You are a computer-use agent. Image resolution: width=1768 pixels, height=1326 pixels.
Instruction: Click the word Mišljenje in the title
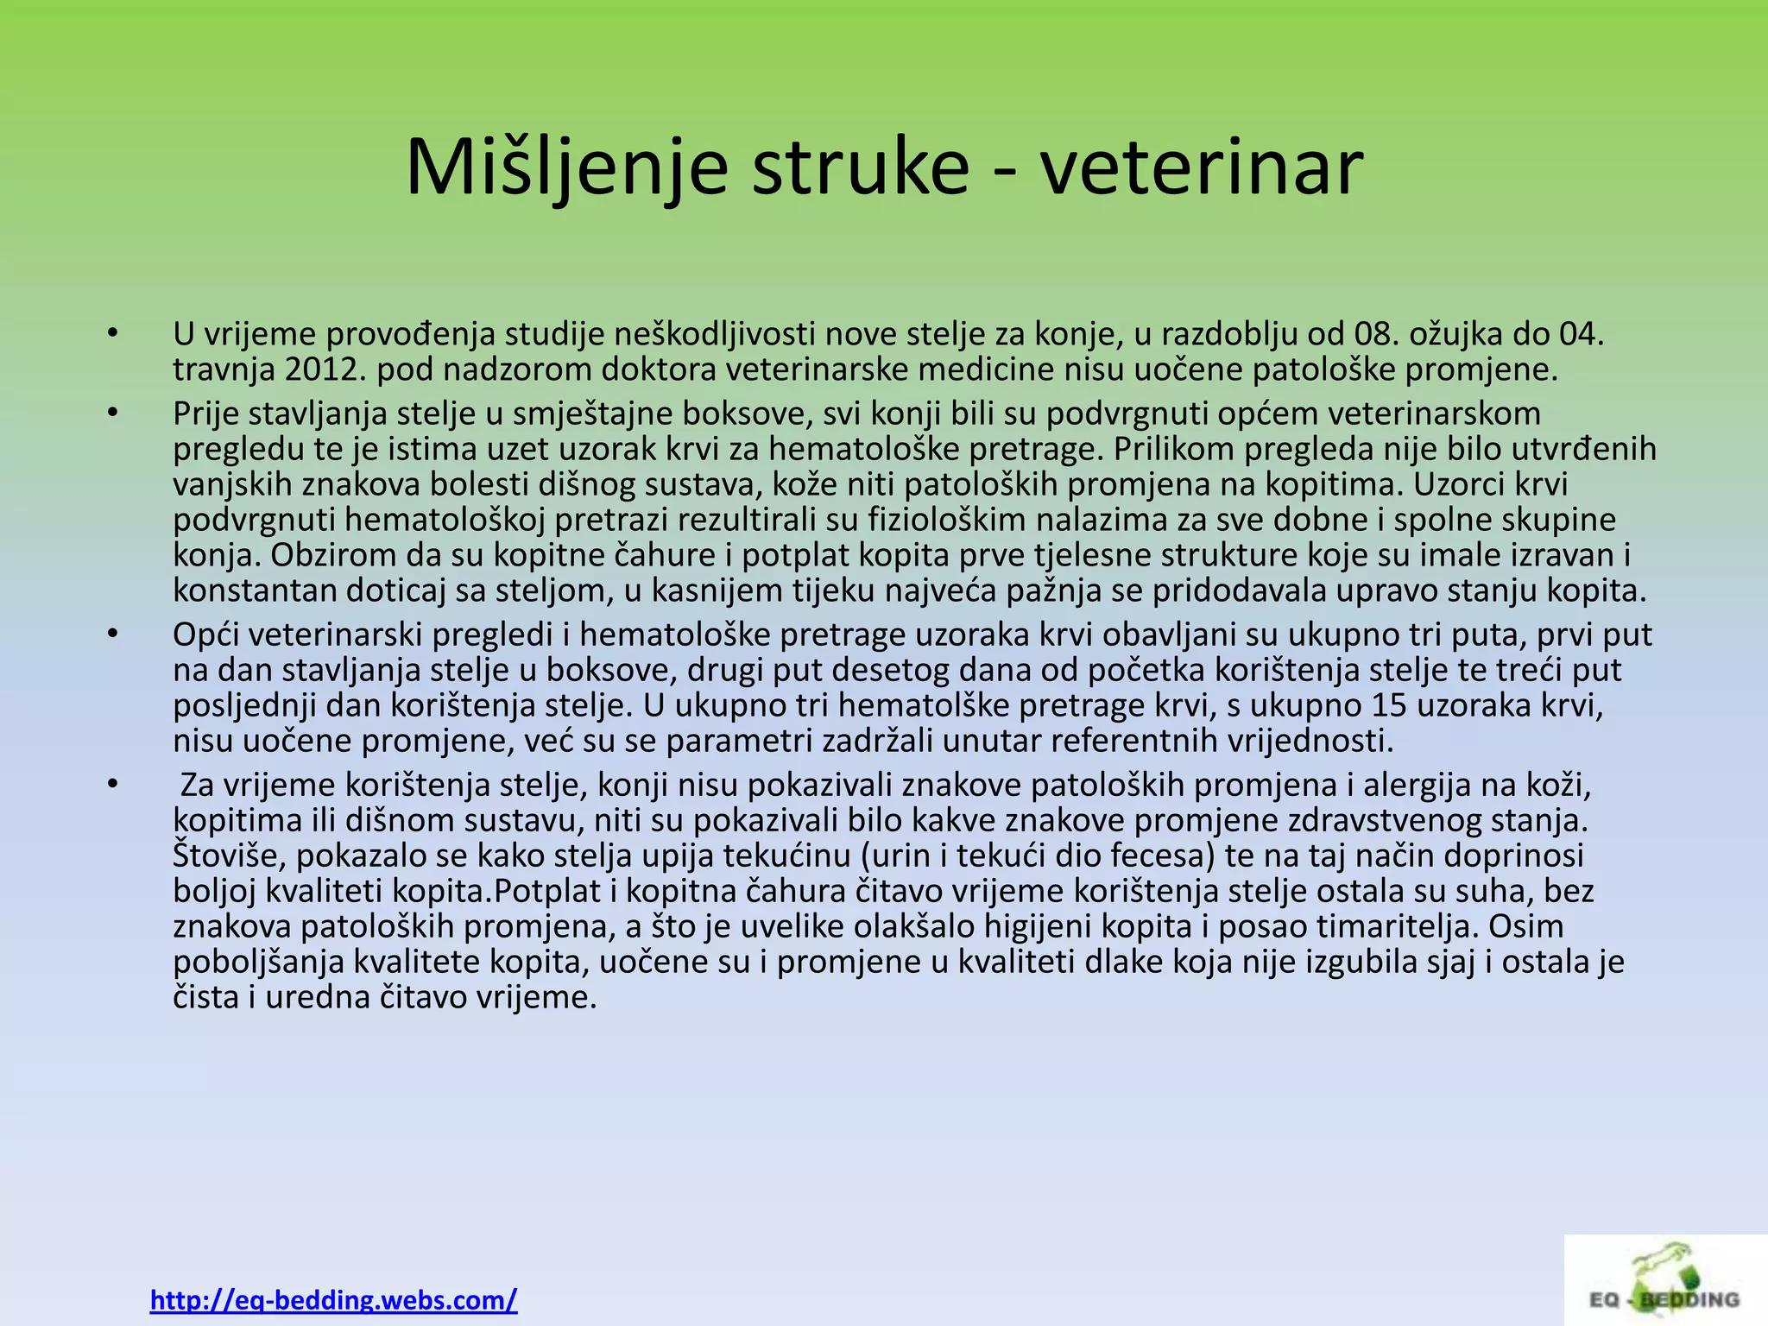click(x=566, y=167)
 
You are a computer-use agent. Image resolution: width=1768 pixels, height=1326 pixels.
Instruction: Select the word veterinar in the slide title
click(x=1202, y=167)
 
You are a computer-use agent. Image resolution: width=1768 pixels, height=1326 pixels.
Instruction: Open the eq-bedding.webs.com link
click(x=333, y=1299)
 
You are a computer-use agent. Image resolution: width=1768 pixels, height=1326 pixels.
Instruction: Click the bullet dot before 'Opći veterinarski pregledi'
click(x=111, y=635)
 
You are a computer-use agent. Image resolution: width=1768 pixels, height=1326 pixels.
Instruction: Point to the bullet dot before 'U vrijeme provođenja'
click(x=111, y=334)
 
